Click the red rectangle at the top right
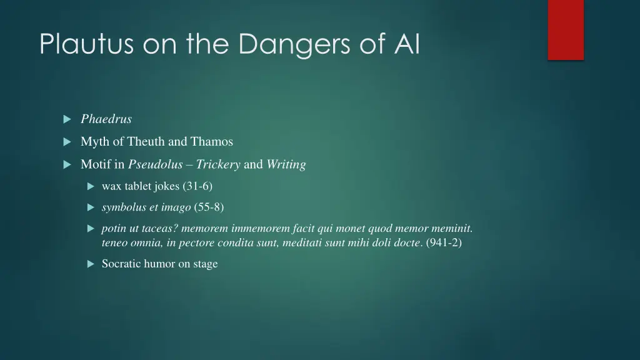[566, 29]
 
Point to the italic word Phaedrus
[106, 119]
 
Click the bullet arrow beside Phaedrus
[67, 119]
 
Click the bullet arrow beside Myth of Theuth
[67, 142]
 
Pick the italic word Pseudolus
[155, 164]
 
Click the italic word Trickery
[218, 164]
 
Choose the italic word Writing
[286, 164]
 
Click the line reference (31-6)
[197, 186]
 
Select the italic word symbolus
[124, 207]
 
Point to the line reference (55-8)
[209, 207]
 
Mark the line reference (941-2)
[444, 242]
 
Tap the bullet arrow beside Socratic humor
[90, 264]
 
